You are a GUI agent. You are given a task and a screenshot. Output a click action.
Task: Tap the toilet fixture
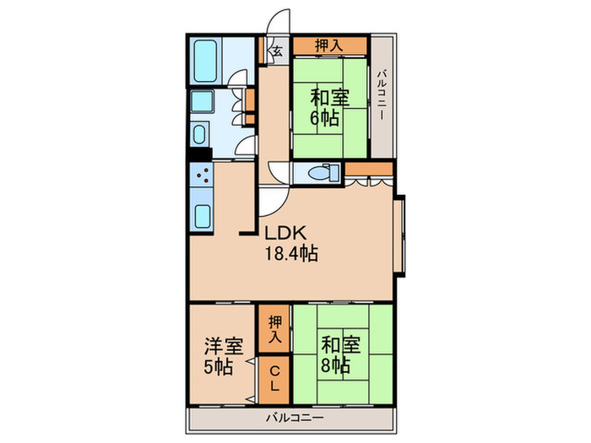pyautogui.click(x=320, y=173)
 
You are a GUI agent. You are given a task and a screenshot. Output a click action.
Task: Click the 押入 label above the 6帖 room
pyautogui.click(x=329, y=46)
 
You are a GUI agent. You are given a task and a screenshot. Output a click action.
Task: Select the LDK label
pyautogui.click(x=286, y=234)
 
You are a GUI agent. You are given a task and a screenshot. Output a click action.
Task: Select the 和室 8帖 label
pyautogui.click(x=335, y=356)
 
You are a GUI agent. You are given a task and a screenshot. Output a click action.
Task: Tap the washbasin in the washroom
pyautogui.click(x=202, y=135)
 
